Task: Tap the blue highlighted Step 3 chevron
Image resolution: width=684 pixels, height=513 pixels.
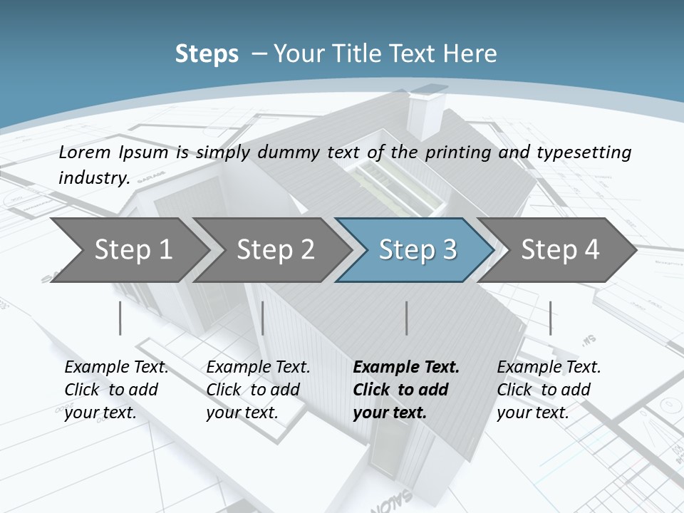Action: click(x=418, y=249)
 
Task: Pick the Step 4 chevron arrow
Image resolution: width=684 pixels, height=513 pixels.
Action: click(x=560, y=249)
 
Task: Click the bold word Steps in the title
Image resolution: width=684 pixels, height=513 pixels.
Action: click(x=207, y=53)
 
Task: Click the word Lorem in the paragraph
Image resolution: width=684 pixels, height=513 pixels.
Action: click(x=85, y=152)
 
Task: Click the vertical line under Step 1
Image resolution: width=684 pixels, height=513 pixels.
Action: click(x=120, y=318)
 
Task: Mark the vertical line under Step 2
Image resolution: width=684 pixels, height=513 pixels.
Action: click(x=263, y=318)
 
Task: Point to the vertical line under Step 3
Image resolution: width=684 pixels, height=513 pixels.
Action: click(x=407, y=318)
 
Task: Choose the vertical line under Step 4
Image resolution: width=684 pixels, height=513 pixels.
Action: click(x=550, y=318)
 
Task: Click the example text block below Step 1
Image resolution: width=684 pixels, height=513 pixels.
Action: click(x=116, y=390)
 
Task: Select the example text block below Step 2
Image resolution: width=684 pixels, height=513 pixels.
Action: click(x=258, y=390)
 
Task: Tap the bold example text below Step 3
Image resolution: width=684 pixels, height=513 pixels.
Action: click(x=406, y=390)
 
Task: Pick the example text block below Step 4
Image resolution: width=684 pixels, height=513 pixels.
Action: click(x=549, y=390)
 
